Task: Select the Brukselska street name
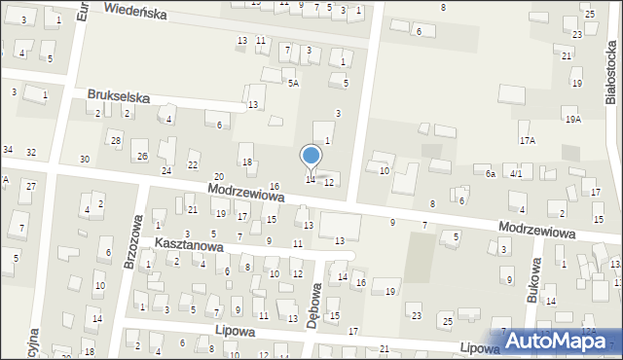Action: point(118,95)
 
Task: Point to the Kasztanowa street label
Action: point(189,247)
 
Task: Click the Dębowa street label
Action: point(313,305)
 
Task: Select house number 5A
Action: point(292,84)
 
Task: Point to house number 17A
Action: point(527,140)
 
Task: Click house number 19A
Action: point(573,119)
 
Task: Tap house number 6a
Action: point(492,173)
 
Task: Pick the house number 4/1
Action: point(517,173)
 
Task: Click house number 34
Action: point(8,149)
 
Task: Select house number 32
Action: point(31,153)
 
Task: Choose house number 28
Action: point(116,141)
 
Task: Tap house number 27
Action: point(31,186)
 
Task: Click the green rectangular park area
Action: point(421,255)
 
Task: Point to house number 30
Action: point(85,159)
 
